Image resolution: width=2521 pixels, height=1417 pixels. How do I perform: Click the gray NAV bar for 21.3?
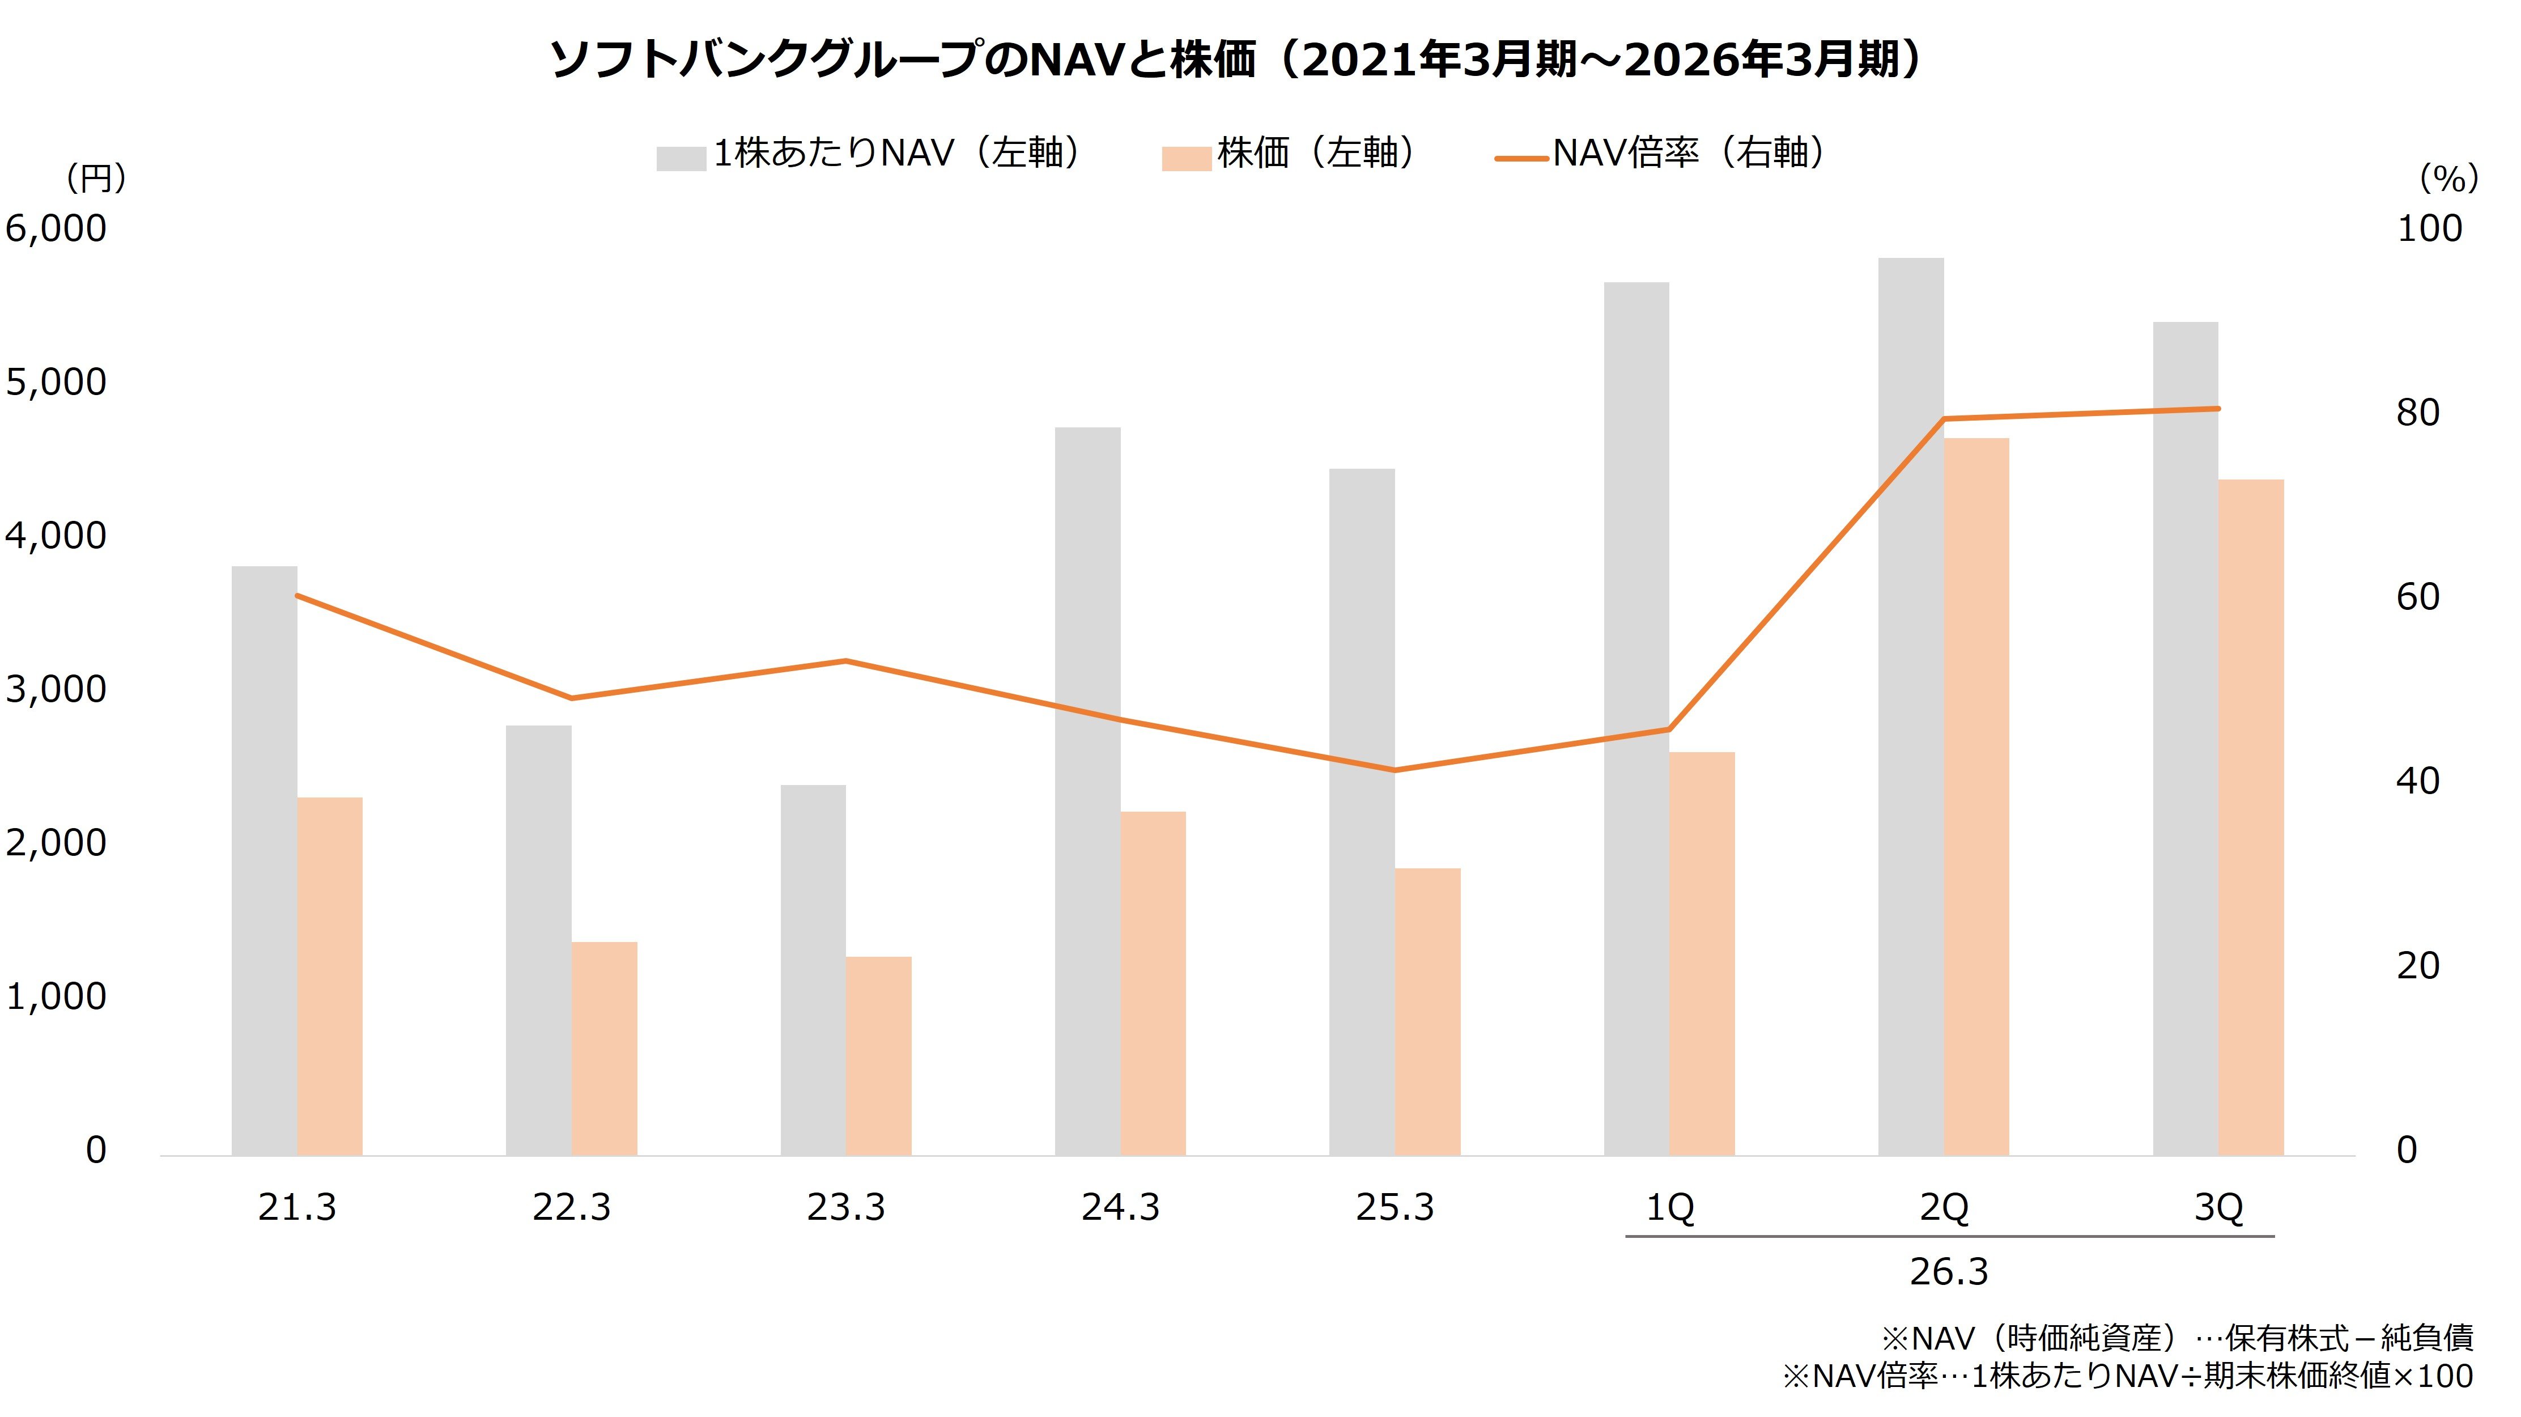(x=264, y=861)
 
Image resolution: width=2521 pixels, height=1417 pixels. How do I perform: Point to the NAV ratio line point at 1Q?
(x=1669, y=729)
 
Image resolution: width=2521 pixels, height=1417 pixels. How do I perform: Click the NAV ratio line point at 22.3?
(x=572, y=698)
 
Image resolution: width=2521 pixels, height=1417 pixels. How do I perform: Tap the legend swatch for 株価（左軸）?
(x=1186, y=159)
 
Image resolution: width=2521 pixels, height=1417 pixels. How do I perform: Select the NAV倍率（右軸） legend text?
(x=1688, y=154)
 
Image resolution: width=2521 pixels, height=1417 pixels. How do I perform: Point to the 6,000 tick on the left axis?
(x=56, y=228)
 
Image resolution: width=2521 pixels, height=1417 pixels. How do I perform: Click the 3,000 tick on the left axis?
(x=56, y=689)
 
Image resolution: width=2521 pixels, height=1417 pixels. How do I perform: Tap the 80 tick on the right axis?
(x=2417, y=413)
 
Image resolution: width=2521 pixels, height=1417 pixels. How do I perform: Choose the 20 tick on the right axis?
(x=2417, y=966)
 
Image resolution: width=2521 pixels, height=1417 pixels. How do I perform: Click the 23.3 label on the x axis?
(x=845, y=1208)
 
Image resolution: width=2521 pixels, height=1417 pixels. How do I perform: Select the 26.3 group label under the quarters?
(x=1949, y=1272)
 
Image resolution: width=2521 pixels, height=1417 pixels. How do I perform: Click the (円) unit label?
(x=95, y=178)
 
